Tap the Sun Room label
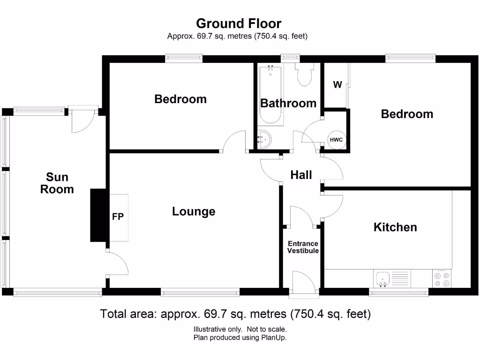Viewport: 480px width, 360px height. pyautogui.click(x=57, y=183)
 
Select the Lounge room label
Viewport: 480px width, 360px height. pyautogui.click(x=194, y=211)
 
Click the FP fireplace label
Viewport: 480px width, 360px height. pyautogui.click(x=117, y=217)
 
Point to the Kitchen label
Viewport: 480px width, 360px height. pyautogui.click(x=395, y=227)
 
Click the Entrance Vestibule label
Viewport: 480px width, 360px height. pyautogui.click(x=303, y=247)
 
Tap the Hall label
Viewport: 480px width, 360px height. pyautogui.click(x=301, y=175)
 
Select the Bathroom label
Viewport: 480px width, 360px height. pyautogui.click(x=288, y=103)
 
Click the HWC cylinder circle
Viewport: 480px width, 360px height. pyautogui.click(x=336, y=140)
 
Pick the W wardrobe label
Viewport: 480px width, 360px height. pyautogui.click(x=337, y=85)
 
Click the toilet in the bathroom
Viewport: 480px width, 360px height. pyautogui.click(x=305, y=75)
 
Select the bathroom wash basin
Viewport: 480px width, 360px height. pyautogui.click(x=264, y=139)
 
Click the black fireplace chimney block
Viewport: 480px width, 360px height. pyautogui.click(x=98, y=216)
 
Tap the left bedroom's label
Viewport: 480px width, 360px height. pyautogui.click(x=180, y=99)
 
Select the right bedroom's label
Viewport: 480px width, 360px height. pyautogui.click(x=407, y=114)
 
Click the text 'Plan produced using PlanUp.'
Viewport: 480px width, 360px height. pyautogui.click(x=240, y=337)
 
